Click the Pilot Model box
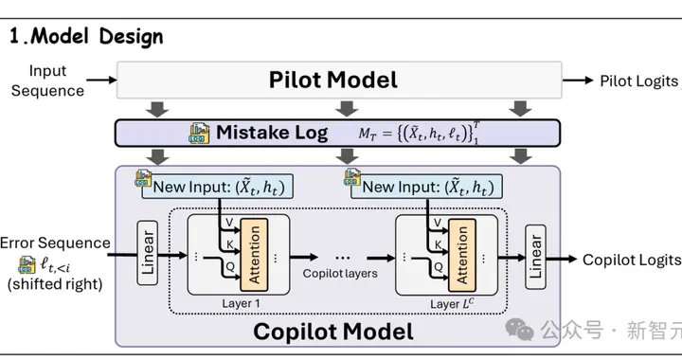[339, 80]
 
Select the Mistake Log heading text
[272, 133]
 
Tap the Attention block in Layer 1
[254, 255]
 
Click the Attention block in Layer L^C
[462, 255]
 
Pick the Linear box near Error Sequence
[148, 253]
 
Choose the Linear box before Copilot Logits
[535, 257]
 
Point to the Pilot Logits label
[639, 81]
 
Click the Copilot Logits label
[632, 260]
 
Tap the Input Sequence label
[48, 81]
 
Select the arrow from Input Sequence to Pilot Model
[101, 80]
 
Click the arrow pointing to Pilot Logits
[578, 80]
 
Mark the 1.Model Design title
[86, 37]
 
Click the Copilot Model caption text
[333, 332]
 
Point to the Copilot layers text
[340, 274]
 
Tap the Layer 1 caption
[241, 303]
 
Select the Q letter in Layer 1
[230, 266]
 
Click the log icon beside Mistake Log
[199, 133]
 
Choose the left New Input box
[218, 187]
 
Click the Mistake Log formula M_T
[419, 133]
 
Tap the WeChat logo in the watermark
[519, 329]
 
